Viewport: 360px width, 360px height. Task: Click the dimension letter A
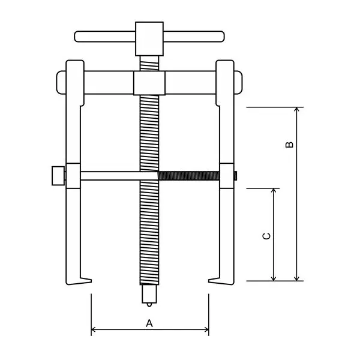(149, 323)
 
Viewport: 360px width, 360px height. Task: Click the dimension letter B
(289, 145)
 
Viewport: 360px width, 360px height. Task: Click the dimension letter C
(267, 236)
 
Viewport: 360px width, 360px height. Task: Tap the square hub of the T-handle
(149, 37)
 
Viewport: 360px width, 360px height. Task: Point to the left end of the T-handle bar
(79, 37)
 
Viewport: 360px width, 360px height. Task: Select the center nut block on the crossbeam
(149, 83)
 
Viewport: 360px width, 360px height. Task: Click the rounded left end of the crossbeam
(61, 82)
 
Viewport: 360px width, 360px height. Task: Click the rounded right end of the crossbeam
(238, 82)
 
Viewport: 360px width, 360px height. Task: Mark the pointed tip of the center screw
(149, 304)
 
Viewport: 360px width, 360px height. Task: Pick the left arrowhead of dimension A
(94, 329)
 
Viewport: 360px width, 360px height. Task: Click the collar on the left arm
(73, 176)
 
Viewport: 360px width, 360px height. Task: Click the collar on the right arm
(227, 176)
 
